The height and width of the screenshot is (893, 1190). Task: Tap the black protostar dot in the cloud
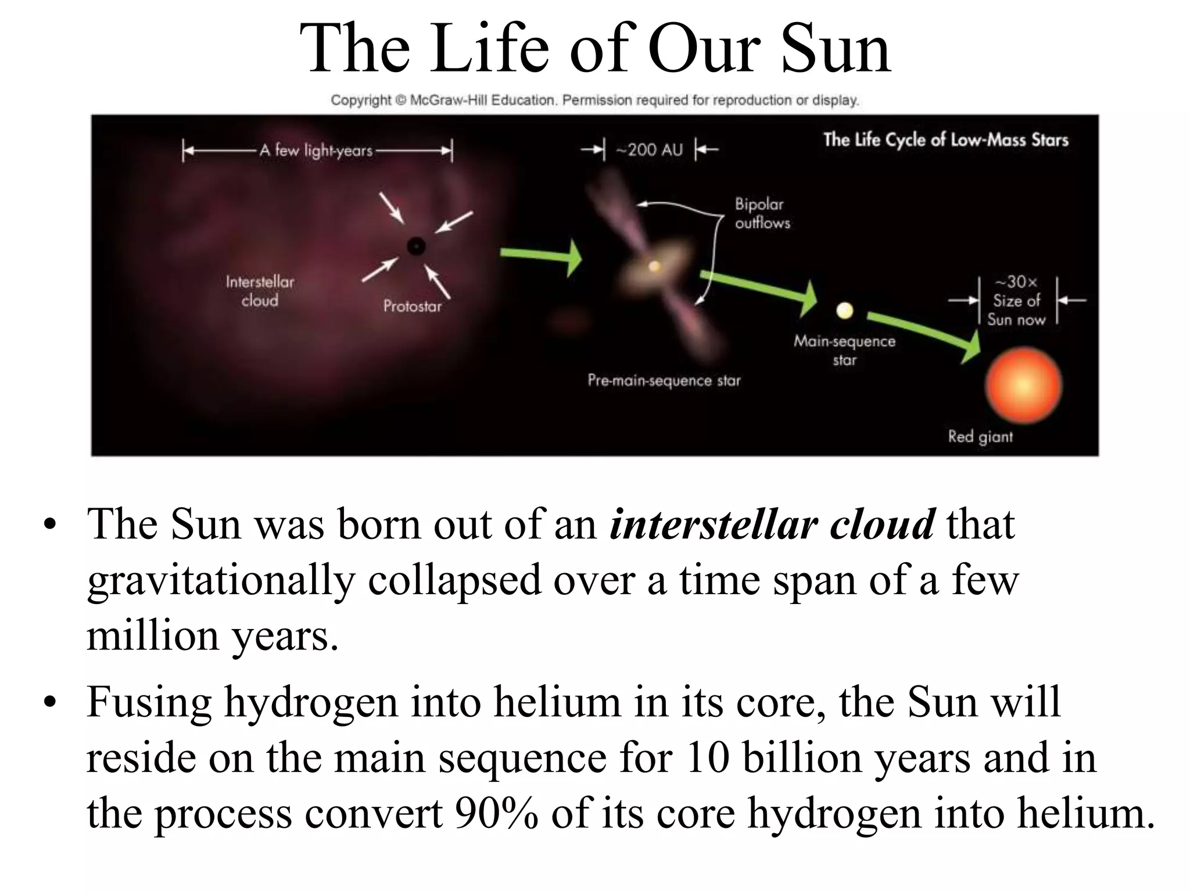coord(416,247)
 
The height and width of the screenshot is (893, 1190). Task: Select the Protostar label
coord(412,306)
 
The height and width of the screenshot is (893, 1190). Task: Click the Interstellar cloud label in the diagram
coord(260,291)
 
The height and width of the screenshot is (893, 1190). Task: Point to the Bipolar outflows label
coord(762,213)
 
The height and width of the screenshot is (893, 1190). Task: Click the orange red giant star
coord(1023,386)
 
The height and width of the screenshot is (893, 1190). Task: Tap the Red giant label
coord(980,437)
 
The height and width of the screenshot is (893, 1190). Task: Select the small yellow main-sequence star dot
coord(844,311)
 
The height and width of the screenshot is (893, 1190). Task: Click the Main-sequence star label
coord(844,351)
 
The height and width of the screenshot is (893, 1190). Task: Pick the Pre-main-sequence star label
coord(664,381)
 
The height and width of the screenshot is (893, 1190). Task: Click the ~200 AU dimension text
coord(649,150)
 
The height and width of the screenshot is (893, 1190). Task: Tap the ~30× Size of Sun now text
coord(1016,301)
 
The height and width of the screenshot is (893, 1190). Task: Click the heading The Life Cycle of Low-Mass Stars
coord(945,140)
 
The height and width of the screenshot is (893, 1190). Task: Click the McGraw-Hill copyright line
coord(594,101)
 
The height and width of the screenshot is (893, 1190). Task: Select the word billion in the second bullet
coord(802,758)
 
